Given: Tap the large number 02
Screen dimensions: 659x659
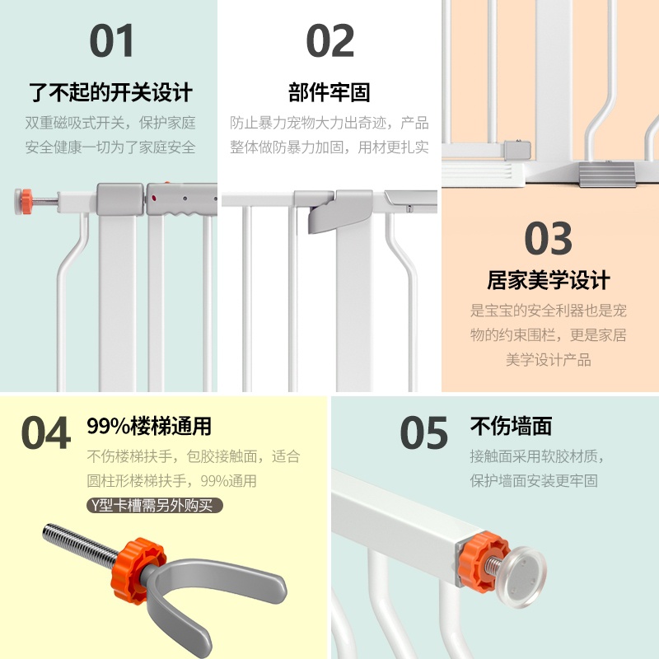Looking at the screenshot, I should click(x=329, y=41).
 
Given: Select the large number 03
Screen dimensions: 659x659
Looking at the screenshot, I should click(x=549, y=240).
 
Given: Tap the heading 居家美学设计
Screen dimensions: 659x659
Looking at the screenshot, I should click(x=549, y=281).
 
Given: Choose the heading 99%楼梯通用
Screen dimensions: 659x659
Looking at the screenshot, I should click(x=149, y=427).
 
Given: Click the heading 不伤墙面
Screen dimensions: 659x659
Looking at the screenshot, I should click(x=511, y=427).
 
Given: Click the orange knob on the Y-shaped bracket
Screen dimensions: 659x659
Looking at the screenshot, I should click(x=129, y=568).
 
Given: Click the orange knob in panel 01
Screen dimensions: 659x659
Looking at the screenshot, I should click(x=26, y=199).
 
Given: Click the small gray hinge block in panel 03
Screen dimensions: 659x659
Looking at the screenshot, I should click(x=515, y=149).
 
